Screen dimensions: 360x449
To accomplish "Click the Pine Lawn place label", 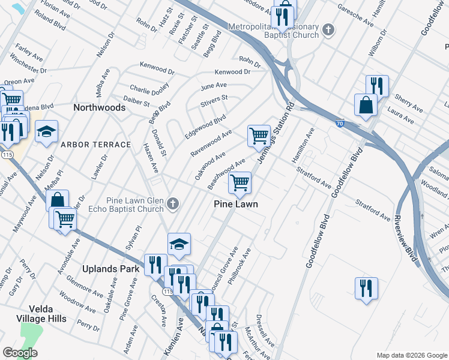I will pyautogui.click(x=236, y=205).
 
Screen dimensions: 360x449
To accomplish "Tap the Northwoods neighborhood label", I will pyautogui.click(x=99, y=108).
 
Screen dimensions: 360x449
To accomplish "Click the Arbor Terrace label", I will pyautogui.click(x=95, y=145).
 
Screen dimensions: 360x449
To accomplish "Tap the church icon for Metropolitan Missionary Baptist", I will pyautogui.click(x=328, y=29).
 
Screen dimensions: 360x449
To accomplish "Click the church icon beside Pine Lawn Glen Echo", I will pyautogui.click(x=173, y=204).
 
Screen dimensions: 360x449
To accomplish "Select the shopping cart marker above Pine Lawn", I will pyautogui.click(x=240, y=182).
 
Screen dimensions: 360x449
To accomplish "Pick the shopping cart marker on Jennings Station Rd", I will pyautogui.click(x=259, y=135).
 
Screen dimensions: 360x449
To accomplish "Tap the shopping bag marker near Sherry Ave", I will pyautogui.click(x=365, y=105).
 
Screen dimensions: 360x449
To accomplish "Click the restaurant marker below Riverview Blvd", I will pyautogui.click(x=366, y=289).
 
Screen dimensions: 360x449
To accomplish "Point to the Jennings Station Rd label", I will pyautogui.click(x=279, y=128).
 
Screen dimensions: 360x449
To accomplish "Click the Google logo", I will pyautogui.click(x=20, y=353).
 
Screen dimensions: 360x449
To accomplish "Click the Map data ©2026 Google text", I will pyautogui.click(x=411, y=355).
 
